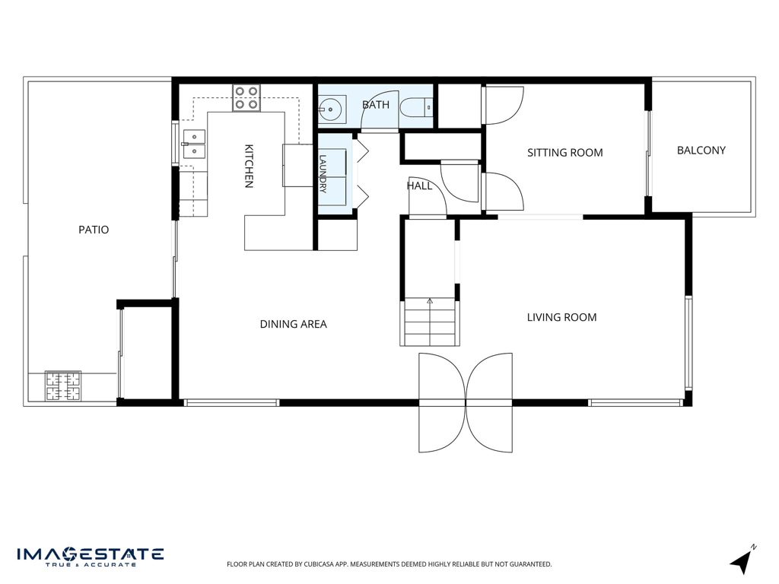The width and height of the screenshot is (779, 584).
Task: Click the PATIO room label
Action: (x=94, y=230)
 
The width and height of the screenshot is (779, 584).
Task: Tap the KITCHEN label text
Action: (x=249, y=167)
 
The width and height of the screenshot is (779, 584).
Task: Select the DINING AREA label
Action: (x=293, y=324)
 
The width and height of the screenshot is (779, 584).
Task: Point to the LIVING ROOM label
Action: (x=561, y=317)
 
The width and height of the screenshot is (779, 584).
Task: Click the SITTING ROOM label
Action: (x=565, y=152)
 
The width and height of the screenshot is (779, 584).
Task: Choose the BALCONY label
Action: (x=701, y=150)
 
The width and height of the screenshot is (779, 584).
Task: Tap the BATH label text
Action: (x=376, y=105)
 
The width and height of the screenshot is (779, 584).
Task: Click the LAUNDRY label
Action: (x=323, y=174)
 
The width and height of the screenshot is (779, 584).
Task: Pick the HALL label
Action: (x=419, y=186)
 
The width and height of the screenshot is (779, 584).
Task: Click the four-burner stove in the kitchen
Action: (x=246, y=98)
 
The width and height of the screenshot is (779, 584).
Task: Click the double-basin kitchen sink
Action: (x=194, y=144)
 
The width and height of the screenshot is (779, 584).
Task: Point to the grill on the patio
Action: (x=63, y=386)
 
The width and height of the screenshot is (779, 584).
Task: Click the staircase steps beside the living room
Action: (x=430, y=322)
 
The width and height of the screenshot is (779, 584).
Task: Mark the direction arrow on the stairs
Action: (x=430, y=301)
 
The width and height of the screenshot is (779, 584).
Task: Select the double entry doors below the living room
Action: (x=466, y=403)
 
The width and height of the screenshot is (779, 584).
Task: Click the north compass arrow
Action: (x=742, y=561)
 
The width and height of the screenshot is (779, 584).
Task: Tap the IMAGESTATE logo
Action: (x=91, y=557)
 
